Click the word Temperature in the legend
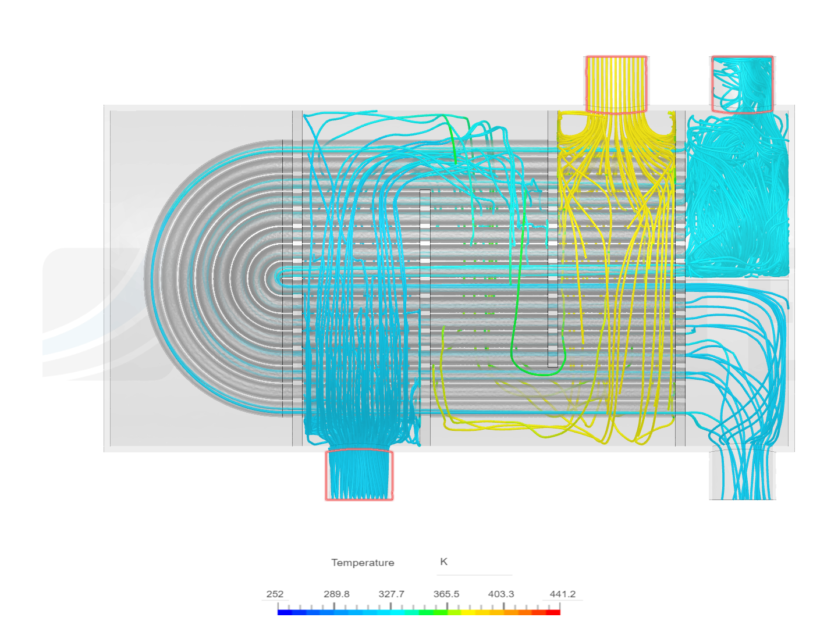363,562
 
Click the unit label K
443,561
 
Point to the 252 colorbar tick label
275,594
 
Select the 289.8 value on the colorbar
336,594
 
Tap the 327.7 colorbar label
391,594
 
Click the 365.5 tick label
446,594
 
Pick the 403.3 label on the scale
501,594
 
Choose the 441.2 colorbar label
562,594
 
